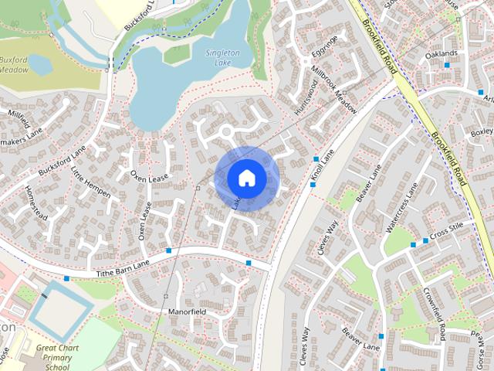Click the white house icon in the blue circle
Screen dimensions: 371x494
point(246,178)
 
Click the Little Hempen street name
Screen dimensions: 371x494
point(91,183)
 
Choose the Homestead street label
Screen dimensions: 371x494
point(36,203)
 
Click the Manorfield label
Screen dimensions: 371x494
point(187,311)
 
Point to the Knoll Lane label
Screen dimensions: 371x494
point(323,165)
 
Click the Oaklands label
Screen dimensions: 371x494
point(441,53)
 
